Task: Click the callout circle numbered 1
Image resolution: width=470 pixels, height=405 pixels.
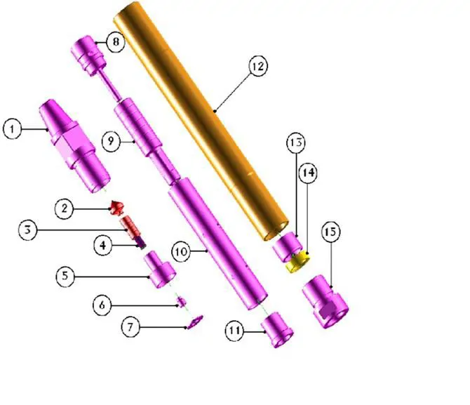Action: [13, 129]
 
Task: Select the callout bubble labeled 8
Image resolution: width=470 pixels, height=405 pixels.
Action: [116, 41]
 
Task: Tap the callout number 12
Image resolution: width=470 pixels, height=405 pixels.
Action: [258, 66]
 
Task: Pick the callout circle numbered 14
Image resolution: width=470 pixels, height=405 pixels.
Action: [308, 173]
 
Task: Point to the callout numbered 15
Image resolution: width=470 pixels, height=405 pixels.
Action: [330, 232]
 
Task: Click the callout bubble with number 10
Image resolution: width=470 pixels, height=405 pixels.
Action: [181, 252]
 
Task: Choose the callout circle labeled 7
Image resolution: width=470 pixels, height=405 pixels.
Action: [130, 326]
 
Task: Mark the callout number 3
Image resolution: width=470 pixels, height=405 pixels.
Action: [28, 230]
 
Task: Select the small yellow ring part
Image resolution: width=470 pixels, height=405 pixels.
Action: [297, 262]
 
